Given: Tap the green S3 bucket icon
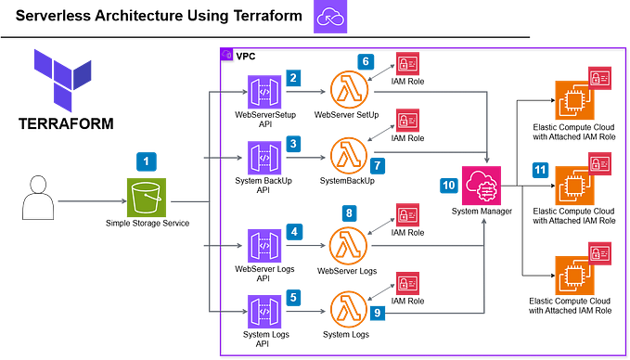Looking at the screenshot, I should (146, 198).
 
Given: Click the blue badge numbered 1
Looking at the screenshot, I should (145, 161).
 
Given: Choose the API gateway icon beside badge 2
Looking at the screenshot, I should (264, 92).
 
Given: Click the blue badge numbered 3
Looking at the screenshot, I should (293, 144).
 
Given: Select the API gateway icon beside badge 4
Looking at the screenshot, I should (264, 246).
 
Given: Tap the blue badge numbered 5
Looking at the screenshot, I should (292, 298).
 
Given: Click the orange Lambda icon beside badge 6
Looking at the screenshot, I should (349, 89).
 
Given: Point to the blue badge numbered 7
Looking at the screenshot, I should (378, 165).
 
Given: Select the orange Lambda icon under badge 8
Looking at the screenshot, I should (349, 245).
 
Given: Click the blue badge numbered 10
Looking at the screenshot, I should (448, 185).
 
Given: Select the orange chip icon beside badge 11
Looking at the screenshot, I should (572, 185).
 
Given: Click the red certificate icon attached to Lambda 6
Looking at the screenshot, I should (406, 63).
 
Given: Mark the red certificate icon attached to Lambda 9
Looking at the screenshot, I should (406, 280).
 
